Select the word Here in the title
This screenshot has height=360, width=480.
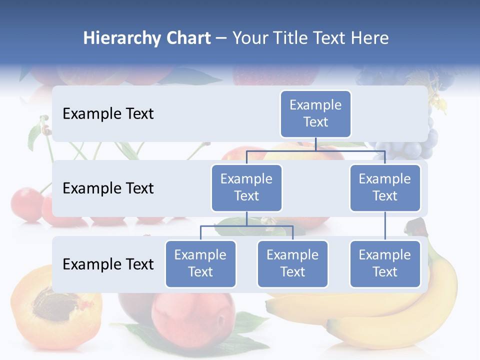tap(369, 38)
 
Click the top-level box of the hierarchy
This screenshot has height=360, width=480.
tap(315, 113)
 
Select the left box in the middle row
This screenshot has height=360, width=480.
tap(246, 187)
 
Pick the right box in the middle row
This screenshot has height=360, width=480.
tap(385, 187)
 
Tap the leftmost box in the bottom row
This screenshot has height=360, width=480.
tap(200, 263)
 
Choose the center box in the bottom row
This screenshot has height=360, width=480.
tap(292, 263)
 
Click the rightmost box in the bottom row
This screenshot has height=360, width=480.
tap(385, 263)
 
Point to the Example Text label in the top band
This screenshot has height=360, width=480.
tap(108, 114)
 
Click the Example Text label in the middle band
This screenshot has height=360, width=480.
tap(108, 188)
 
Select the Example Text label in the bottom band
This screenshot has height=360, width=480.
tap(108, 264)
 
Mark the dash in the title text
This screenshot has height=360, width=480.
tap(221, 39)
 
